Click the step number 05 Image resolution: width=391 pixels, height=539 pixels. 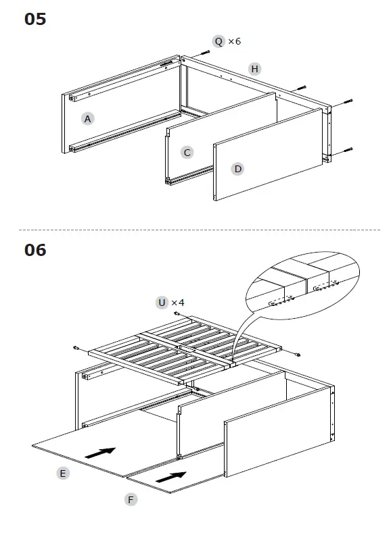coord(35,19)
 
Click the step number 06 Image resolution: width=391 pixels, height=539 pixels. coord(35,250)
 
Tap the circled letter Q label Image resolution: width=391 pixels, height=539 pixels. coord(218,42)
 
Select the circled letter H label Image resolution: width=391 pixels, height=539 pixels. coord(254,69)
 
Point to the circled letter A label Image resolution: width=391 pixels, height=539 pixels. coord(87,119)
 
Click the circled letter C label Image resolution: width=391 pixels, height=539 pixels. coord(187,153)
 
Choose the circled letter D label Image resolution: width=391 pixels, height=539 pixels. coord(237,169)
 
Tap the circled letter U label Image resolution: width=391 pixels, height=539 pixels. coord(162,303)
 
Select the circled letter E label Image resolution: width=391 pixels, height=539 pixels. coord(62,473)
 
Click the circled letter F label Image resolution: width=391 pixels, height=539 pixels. coord(131,500)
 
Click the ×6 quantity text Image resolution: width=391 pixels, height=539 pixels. coord(234,42)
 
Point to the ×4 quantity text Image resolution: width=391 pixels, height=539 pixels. coord(178,303)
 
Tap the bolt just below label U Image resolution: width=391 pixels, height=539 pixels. coord(177,315)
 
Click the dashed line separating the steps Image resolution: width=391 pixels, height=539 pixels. coord(195,230)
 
